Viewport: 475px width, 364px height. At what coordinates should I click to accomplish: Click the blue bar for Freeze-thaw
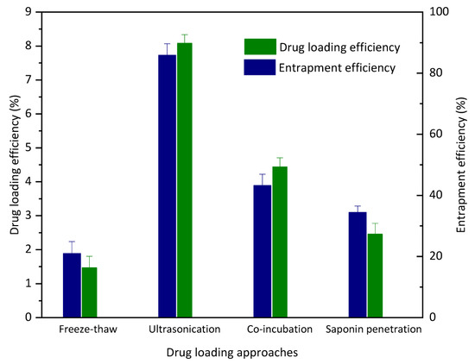[71, 286]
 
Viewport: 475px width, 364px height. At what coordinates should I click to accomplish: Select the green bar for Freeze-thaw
[90, 292]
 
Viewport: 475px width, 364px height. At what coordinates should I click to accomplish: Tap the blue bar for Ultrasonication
[167, 185]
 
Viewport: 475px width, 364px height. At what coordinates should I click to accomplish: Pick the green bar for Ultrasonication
[185, 180]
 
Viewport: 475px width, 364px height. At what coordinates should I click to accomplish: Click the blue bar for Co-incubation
[262, 251]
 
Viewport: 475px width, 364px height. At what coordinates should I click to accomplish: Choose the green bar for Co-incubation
[280, 242]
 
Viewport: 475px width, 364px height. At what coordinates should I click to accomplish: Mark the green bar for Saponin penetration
[375, 275]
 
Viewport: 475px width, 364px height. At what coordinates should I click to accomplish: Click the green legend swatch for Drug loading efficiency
[257, 46]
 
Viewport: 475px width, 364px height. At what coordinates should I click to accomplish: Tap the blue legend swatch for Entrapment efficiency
[257, 66]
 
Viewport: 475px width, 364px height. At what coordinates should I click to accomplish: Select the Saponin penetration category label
[373, 329]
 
